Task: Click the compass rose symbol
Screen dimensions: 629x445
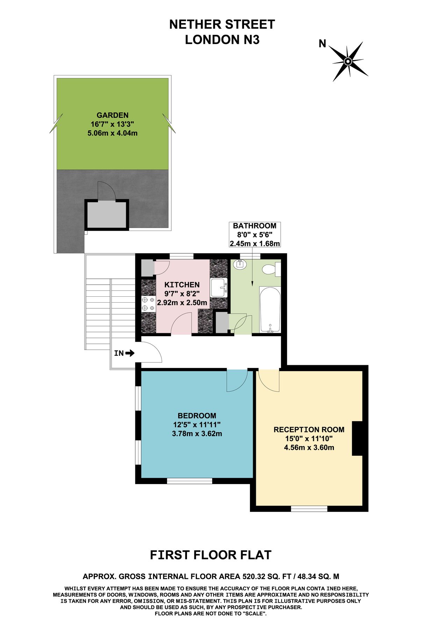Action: (348, 62)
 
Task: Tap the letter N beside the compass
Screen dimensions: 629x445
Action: (322, 44)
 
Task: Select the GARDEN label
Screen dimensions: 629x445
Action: (113, 115)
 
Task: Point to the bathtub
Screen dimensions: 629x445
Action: (270, 309)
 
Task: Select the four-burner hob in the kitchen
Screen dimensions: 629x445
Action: (148, 304)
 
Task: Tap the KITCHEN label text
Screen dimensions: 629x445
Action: (182, 285)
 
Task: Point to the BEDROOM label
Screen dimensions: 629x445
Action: (197, 416)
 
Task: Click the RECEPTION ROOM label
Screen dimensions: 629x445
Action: (309, 429)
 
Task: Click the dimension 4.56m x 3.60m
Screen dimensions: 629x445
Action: (309, 448)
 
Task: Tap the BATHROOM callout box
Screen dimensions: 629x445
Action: (254, 234)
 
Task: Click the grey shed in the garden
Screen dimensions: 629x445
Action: (106, 215)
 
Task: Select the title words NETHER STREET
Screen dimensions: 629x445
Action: (222, 24)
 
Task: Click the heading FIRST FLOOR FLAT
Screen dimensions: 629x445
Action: (210, 555)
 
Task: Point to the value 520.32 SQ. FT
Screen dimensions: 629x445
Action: (267, 576)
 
